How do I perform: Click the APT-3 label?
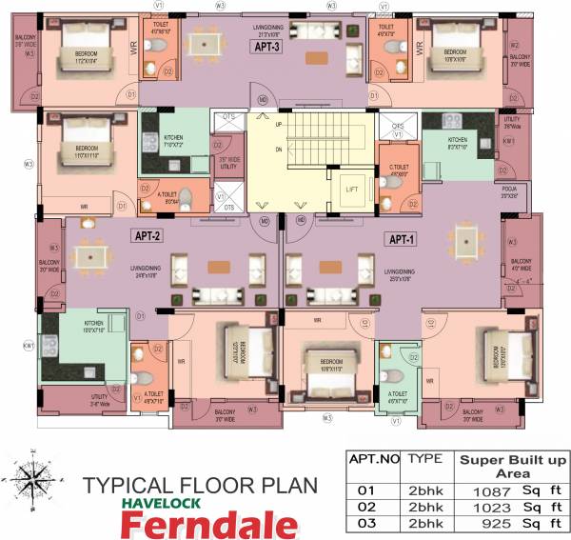267,48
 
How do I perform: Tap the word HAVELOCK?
168,502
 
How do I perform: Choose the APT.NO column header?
374,459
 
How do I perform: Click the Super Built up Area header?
513,466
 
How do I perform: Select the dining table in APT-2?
90,256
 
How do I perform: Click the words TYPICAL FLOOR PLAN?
199,485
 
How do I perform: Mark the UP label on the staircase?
278,125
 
